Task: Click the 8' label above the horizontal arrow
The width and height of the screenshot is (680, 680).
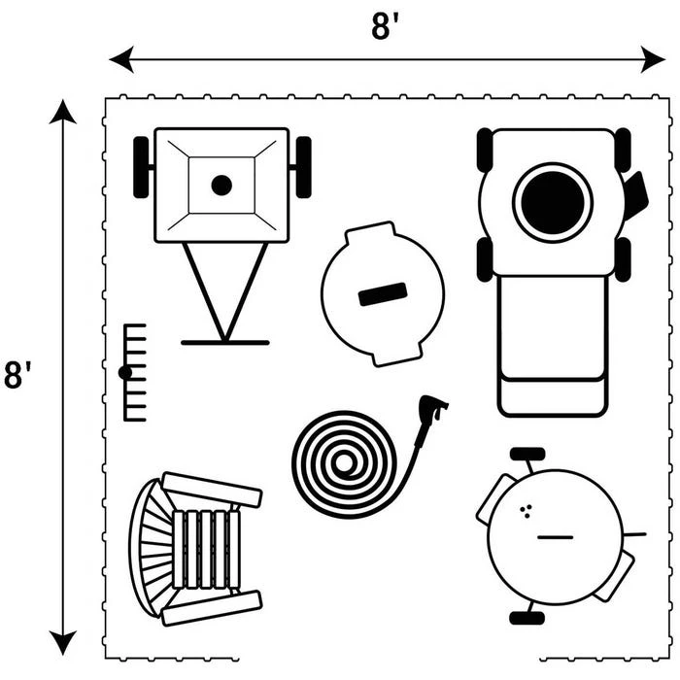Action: click(x=386, y=26)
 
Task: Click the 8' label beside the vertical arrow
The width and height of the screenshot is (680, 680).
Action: click(x=17, y=375)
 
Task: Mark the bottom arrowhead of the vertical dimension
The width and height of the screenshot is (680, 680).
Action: click(x=63, y=642)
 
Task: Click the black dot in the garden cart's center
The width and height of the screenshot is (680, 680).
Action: click(x=221, y=185)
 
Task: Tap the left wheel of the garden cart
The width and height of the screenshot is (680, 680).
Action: click(x=142, y=167)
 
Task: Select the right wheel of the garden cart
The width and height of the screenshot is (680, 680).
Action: click(x=303, y=167)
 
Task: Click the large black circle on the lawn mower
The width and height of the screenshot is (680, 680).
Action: click(x=553, y=202)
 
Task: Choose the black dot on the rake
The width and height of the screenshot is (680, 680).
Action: click(x=125, y=372)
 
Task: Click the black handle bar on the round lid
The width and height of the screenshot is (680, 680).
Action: click(x=382, y=294)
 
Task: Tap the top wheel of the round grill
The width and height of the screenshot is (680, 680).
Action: click(x=527, y=454)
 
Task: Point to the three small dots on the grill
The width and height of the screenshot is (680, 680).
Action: click(x=526, y=511)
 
